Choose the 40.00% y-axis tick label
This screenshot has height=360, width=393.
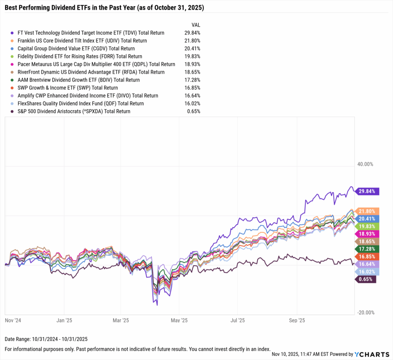point(365,164)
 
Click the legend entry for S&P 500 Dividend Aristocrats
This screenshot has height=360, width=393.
point(74,111)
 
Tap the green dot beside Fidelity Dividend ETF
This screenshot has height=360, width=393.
point(13,56)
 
